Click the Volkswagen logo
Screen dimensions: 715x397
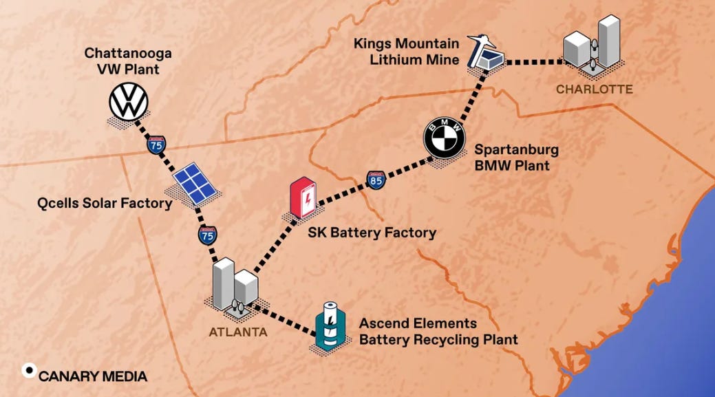point(129,103)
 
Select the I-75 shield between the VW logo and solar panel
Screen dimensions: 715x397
point(156,144)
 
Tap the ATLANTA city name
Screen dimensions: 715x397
point(238,332)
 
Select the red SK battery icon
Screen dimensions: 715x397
point(303,198)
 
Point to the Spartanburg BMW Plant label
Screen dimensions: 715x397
point(516,158)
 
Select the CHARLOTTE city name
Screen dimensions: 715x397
point(594,89)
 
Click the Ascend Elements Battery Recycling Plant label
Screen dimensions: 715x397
point(438,331)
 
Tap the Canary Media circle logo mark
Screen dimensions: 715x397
point(30,370)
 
